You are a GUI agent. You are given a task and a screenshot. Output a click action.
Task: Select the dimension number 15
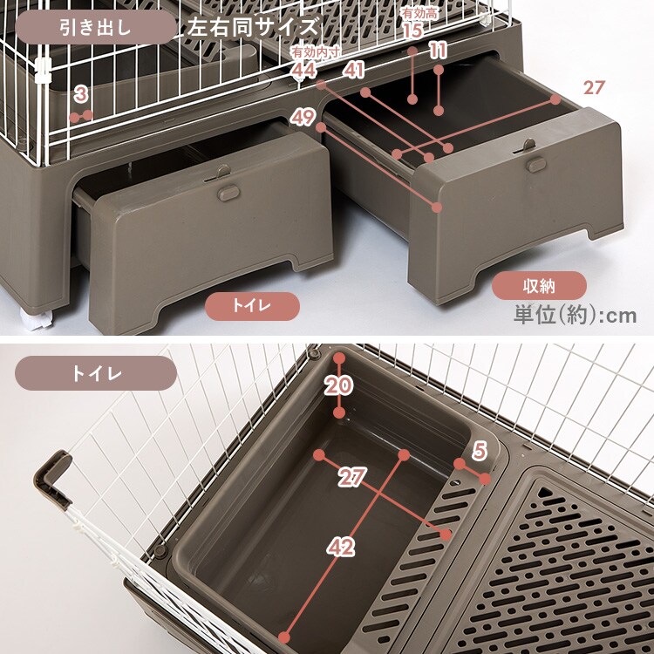point(412,31)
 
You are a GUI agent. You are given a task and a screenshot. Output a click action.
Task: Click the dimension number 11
point(439,51)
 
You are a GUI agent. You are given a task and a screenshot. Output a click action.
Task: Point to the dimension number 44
point(303,69)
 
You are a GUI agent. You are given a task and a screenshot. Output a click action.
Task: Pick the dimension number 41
point(353,69)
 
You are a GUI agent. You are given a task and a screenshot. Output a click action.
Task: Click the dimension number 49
point(303,116)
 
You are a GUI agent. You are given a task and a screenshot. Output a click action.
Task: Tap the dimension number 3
point(80,94)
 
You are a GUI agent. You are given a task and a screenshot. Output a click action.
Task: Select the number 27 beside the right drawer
point(594,87)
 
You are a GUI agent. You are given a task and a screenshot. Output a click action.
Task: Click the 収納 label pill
point(538,285)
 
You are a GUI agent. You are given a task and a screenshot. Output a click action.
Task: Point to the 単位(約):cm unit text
point(575,316)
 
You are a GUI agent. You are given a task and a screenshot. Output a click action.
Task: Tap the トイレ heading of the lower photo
point(96,372)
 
